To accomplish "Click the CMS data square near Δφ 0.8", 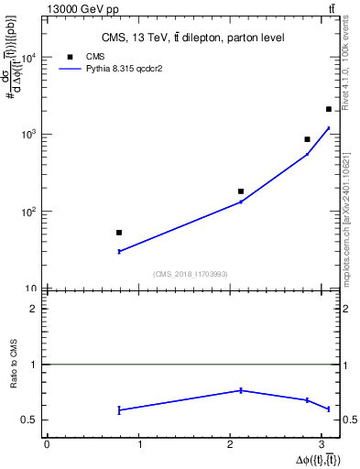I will pyautogui.click(x=119, y=233).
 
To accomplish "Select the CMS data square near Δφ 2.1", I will pyautogui.click(x=241, y=191).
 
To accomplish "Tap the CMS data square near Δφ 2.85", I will pyautogui.click(x=307, y=139).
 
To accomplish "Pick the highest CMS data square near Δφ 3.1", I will pyautogui.click(x=329, y=109).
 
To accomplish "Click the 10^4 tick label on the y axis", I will pyautogui.click(x=30, y=58).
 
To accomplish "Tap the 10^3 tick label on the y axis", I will pyautogui.click(x=30, y=135).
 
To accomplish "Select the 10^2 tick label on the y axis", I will pyautogui.click(x=30, y=212).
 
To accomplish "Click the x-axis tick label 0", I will pyautogui.click(x=47, y=445).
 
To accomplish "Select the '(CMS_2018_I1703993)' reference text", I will pyautogui.click(x=191, y=274).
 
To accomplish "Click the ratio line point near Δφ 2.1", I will pyautogui.click(x=241, y=390).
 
